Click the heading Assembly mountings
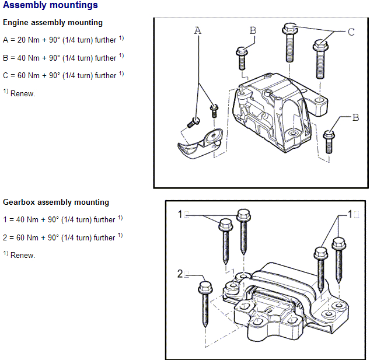[x=51, y=6]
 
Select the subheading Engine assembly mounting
[x=53, y=23]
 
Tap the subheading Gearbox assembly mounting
[x=56, y=202]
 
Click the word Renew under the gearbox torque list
[x=23, y=256]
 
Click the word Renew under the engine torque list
[x=23, y=94]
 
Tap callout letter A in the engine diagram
[x=197, y=30]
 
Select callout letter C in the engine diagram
[x=351, y=32]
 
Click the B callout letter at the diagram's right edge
[x=355, y=117]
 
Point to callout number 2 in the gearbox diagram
[x=180, y=274]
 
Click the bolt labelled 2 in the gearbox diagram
[x=205, y=303]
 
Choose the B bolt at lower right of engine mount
[x=329, y=140]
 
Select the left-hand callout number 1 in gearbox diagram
[x=181, y=215]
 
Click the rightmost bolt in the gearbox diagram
[x=337, y=257]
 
